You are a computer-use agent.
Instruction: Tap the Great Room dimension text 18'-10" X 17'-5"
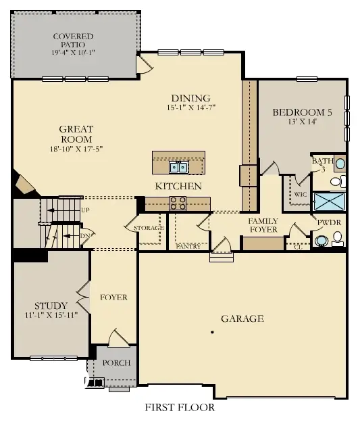coord(76,149)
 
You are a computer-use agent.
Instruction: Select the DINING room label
coord(191,97)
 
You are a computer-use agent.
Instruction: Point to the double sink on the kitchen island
coord(179,166)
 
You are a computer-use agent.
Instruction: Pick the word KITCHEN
coord(178,186)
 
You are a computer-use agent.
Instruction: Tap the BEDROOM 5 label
coord(302,113)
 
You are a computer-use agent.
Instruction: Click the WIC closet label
coord(301,193)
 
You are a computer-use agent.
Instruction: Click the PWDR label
coord(329,221)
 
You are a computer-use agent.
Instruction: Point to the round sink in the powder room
coord(322,239)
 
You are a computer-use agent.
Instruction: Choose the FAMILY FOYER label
coord(263,225)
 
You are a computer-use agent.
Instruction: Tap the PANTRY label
coord(188,246)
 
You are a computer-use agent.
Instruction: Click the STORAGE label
coord(149,228)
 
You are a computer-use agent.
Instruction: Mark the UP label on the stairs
coord(85,210)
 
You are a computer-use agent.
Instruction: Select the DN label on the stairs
coord(84,235)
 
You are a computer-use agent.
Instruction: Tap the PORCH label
coord(116,363)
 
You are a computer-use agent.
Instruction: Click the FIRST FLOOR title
coord(180,408)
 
